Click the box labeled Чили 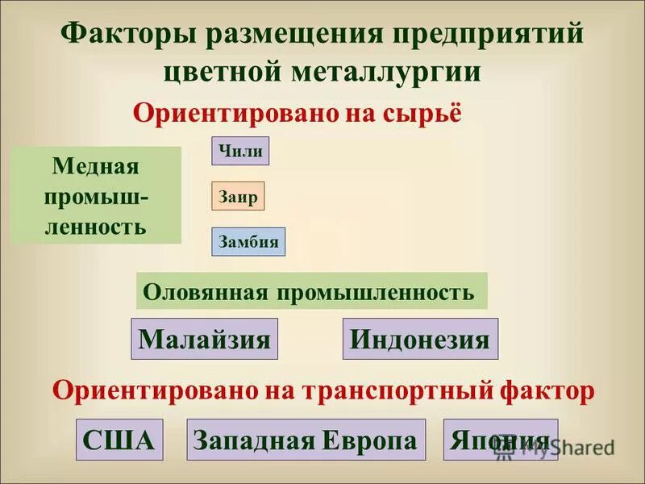pos(240,151)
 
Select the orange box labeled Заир pos(238,197)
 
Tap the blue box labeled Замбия pos(248,242)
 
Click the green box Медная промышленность pos(96,195)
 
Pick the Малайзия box pos(205,339)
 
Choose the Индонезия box pos(420,339)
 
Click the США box pos(119,440)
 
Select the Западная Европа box pos(306,440)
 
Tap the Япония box pos(500,440)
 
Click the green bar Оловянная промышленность pos(311,291)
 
